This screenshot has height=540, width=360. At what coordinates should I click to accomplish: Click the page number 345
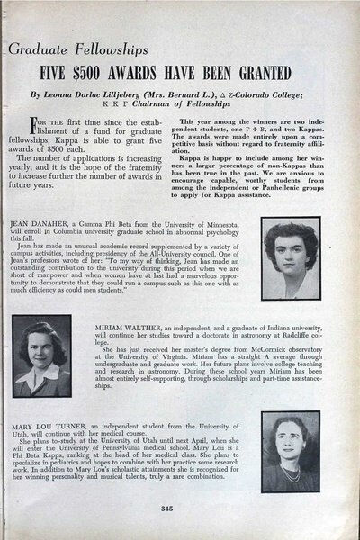tap(180, 514)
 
